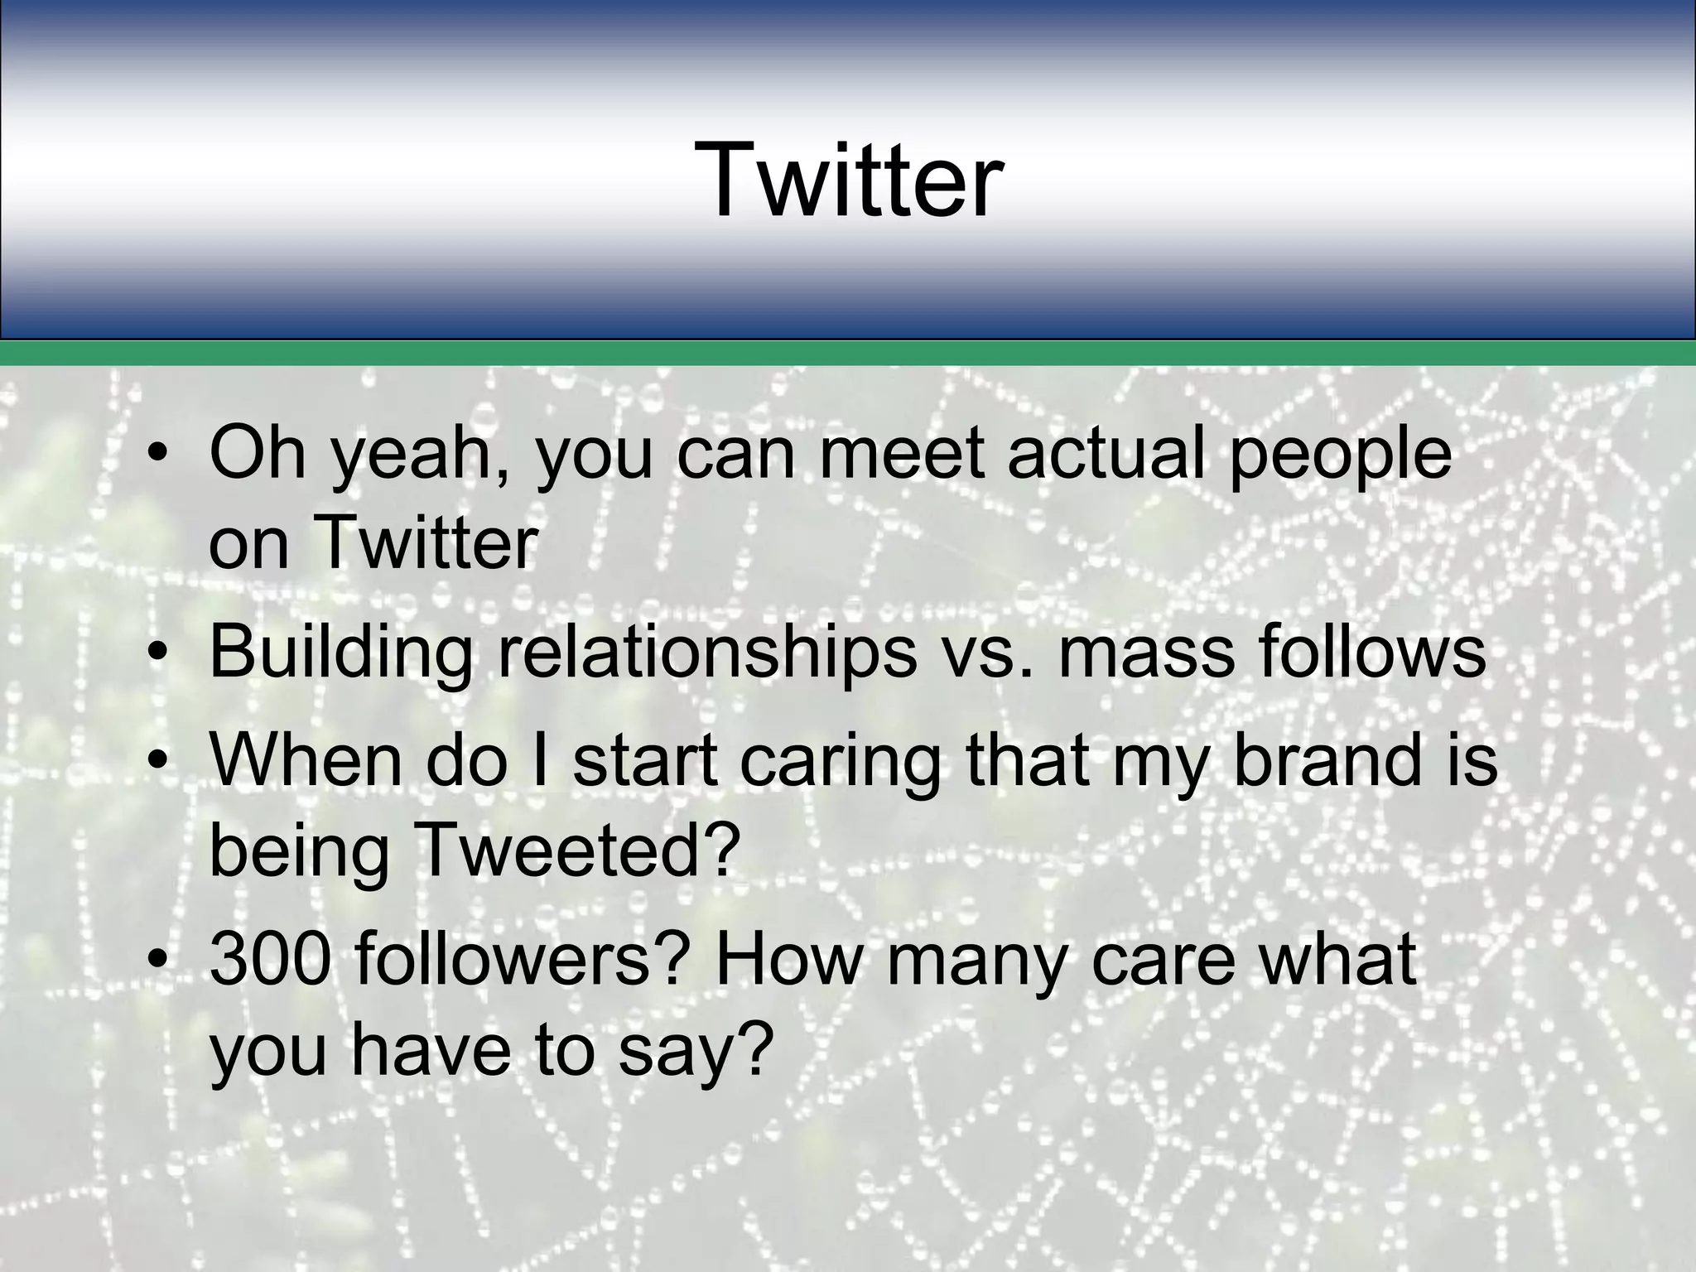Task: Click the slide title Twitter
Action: [x=848, y=181]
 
